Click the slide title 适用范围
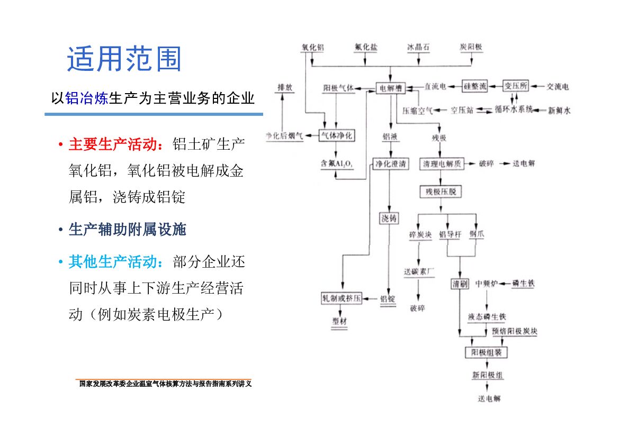[124, 59]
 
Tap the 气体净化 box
[336, 136]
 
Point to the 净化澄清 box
[391, 164]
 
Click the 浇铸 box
[389, 218]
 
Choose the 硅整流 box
[475, 86]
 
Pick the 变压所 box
[515, 86]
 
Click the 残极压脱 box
[441, 192]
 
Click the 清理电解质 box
[442, 164]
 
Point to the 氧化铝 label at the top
[312, 48]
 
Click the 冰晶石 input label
[418, 48]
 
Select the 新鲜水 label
[559, 111]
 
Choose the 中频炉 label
[487, 284]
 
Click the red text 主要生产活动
[114, 145]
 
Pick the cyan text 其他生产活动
[114, 262]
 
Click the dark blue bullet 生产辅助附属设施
[127, 230]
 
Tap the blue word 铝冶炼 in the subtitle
[86, 98]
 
